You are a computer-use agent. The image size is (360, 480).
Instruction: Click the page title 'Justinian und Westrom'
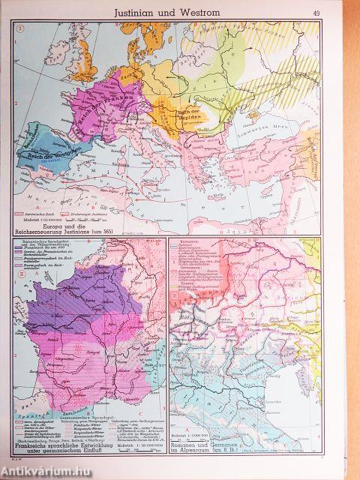click(x=180, y=11)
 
